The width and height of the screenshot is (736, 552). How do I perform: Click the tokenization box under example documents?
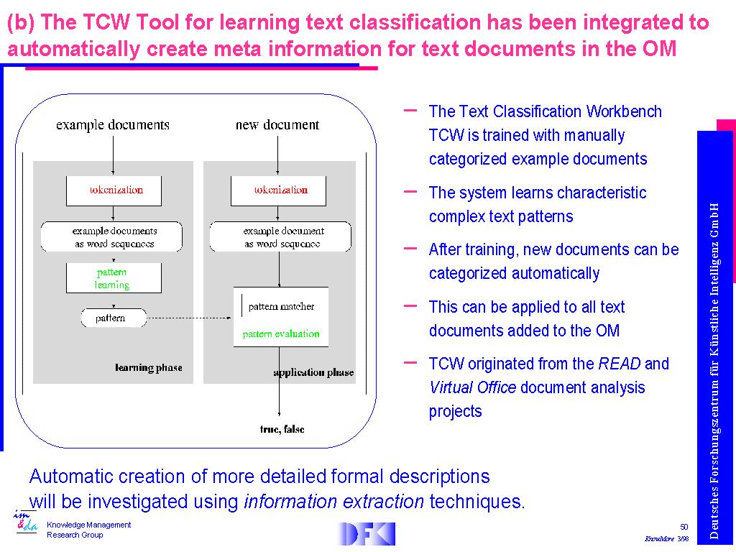pyautogui.click(x=114, y=190)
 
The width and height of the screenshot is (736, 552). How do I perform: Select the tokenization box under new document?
pyautogui.click(x=278, y=190)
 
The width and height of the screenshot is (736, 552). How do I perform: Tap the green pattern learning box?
pyautogui.click(x=114, y=278)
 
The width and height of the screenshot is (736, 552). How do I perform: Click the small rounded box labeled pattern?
pyautogui.click(x=112, y=318)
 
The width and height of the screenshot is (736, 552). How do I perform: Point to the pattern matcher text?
pyautogui.click(x=281, y=306)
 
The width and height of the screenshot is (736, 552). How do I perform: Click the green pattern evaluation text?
pyautogui.click(x=281, y=334)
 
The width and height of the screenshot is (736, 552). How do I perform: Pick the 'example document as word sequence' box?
pyautogui.click(x=280, y=237)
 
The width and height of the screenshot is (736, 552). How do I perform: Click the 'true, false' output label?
pyautogui.click(x=282, y=429)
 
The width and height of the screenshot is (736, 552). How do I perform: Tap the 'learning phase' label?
pyautogui.click(x=149, y=368)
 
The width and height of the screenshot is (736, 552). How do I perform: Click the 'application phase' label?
pyautogui.click(x=313, y=372)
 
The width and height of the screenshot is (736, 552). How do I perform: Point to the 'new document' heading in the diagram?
pyautogui.click(x=277, y=125)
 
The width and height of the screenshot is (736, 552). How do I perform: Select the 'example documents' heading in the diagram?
pyautogui.click(x=113, y=125)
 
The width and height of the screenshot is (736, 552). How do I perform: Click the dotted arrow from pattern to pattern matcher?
pyautogui.click(x=190, y=318)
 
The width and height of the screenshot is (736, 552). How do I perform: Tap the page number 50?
pyautogui.click(x=684, y=527)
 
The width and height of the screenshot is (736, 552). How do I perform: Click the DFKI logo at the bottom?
pyautogui.click(x=367, y=533)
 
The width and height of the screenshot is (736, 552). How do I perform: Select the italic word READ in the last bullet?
pyautogui.click(x=619, y=364)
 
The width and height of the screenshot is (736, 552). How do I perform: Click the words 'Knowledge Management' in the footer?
pyautogui.click(x=89, y=525)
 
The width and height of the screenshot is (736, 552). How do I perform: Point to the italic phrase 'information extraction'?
pyautogui.click(x=333, y=502)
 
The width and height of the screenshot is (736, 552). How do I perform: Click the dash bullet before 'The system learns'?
pyautogui.click(x=411, y=191)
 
